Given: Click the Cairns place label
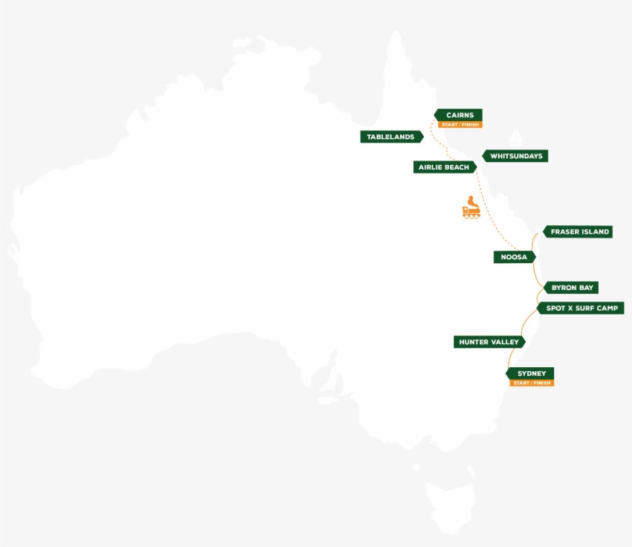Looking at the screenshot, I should (459, 115).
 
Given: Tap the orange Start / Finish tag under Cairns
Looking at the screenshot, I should (460, 125).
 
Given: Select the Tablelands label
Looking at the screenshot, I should (391, 137).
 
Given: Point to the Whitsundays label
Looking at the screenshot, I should (516, 156).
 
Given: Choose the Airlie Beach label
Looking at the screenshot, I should (444, 167).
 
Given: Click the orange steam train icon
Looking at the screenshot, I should (471, 208).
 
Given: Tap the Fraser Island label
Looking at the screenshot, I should (579, 231).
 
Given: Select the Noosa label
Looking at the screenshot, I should (513, 257).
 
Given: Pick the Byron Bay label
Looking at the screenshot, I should (572, 288).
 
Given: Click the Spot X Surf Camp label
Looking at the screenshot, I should (581, 308).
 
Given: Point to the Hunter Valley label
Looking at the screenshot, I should (489, 342).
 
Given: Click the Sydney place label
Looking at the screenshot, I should (531, 373).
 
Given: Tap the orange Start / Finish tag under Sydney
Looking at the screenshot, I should (532, 383).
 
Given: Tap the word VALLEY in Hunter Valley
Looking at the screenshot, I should (504, 342).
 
